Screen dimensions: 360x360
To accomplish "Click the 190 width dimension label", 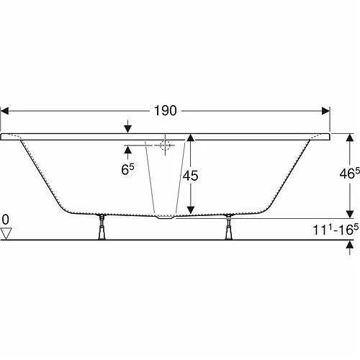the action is tap(166, 111).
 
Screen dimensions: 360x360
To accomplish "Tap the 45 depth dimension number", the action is tap(191, 176).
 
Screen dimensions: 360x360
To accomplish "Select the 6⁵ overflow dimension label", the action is tap(127, 169).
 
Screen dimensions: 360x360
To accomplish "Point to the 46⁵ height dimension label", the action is tap(350, 174).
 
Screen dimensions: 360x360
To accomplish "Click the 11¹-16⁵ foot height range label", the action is tap(336, 230).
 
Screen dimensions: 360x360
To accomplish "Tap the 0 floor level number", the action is tap(5, 220).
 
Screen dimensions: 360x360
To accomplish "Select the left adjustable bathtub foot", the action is tap(102, 227).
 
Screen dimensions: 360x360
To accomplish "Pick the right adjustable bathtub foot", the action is tap(229, 227).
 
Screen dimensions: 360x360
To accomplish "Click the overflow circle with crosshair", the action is tap(165, 145).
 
